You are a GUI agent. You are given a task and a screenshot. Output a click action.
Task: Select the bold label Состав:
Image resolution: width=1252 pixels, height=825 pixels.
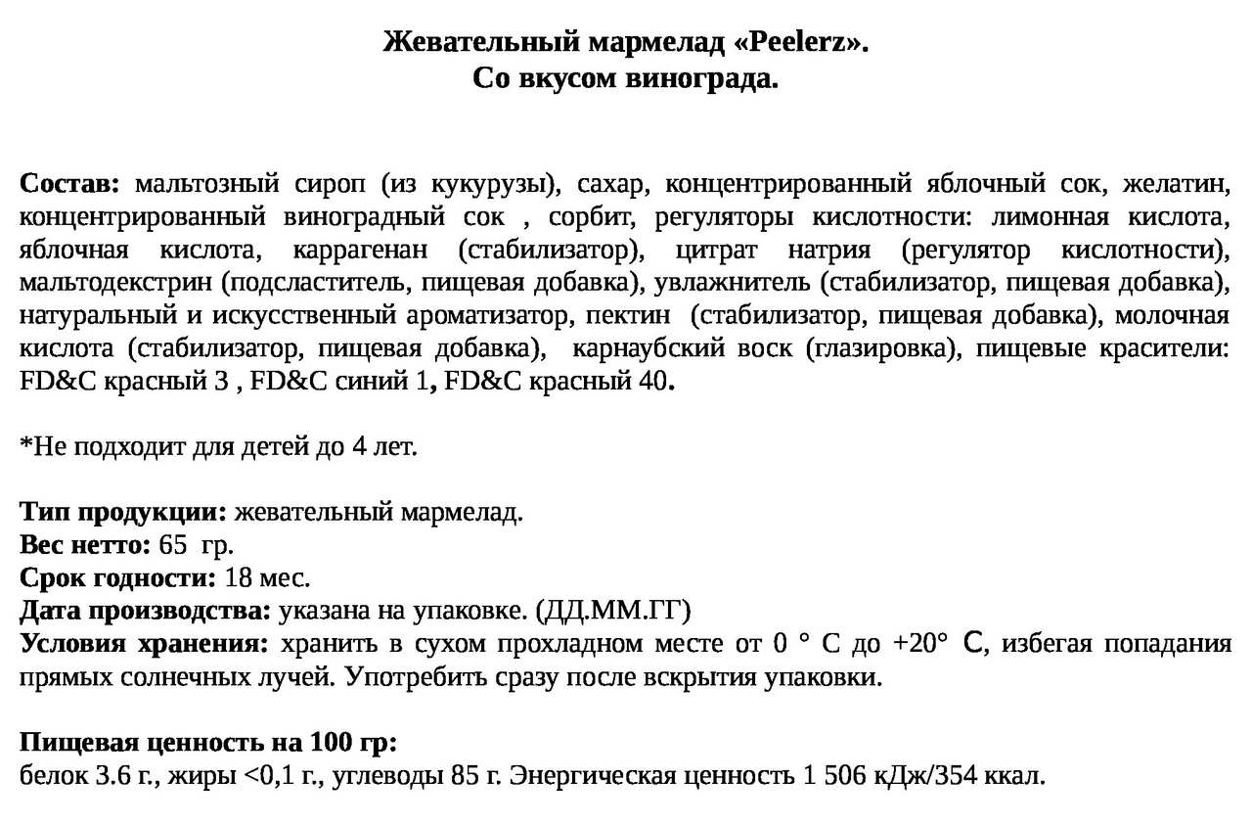coord(69,183)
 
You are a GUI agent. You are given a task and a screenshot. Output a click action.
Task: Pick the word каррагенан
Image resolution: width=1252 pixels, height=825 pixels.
coord(358,250)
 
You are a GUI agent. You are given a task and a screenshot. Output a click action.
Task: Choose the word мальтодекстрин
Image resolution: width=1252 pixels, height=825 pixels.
coord(115,283)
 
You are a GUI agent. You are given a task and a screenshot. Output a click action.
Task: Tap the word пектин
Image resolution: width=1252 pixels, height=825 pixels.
coord(629,316)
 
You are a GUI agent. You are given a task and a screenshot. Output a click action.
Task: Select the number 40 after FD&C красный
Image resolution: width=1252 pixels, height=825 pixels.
coord(651,383)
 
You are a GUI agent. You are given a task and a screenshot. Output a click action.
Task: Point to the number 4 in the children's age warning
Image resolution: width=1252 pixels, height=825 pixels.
coord(359,447)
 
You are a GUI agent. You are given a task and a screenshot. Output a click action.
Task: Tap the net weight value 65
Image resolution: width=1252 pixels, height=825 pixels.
coord(171,545)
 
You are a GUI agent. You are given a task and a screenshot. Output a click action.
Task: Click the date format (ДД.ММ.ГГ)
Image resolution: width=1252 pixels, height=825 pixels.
coord(613,612)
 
